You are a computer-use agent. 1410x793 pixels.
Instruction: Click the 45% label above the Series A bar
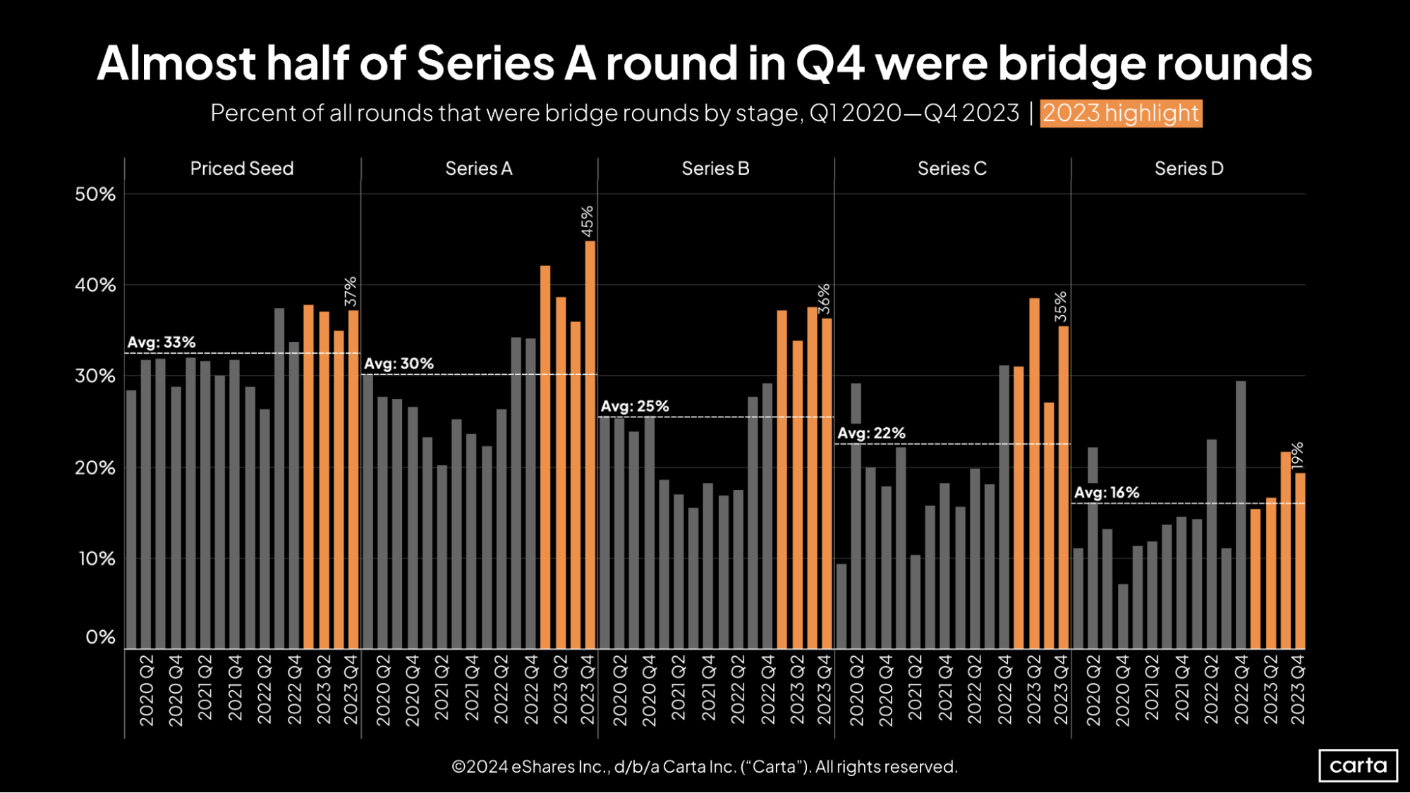coord(587,221)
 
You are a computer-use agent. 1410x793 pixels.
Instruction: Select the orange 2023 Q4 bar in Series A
coord(590,444)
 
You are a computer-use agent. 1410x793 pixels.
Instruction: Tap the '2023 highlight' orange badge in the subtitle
coord(1121,113)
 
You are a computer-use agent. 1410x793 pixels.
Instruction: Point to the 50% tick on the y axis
coord(95,194)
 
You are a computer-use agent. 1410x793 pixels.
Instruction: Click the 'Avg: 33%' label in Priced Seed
coord(162,343)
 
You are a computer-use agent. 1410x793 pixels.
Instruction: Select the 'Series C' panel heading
coord(952,168)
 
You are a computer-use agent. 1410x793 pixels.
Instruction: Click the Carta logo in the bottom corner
coord(1358,765)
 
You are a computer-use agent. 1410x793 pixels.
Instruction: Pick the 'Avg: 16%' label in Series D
coord(1106,493)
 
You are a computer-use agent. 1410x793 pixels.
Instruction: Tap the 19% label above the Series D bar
coord(1298,455)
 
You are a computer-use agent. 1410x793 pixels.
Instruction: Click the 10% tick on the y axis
coord(97,559)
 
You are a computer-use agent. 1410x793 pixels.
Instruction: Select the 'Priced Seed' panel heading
coord(242,168)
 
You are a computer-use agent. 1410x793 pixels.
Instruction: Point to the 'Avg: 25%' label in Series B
coord(634,407)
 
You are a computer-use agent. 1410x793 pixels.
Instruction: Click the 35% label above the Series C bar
coord(1061,307)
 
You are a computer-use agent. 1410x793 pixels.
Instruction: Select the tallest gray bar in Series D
coord(1241,515)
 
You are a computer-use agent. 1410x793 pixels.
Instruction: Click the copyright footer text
coord(704,767)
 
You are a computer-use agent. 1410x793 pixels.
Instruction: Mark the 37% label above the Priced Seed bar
coord(351,291)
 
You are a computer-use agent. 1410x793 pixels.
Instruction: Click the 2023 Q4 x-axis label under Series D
coord(1298,689)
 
